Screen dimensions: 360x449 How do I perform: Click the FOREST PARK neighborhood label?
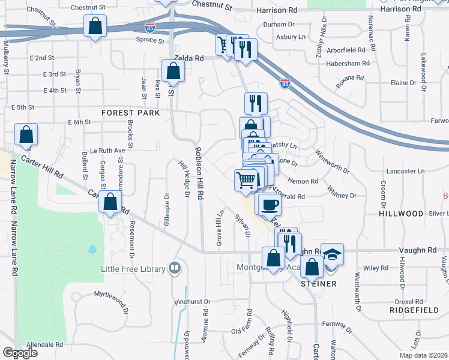point(130,113)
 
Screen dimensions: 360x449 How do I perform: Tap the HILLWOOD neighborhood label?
point(402,214)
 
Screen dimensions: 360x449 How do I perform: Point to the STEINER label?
point(318,283)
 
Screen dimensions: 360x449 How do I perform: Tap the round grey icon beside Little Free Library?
point(175,267)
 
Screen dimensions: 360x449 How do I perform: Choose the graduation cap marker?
point(331,253)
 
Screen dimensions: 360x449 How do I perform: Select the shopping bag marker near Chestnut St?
point(95,26)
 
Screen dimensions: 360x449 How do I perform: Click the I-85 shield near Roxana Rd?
point(285,83)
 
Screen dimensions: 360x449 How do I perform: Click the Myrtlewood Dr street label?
point(112,295)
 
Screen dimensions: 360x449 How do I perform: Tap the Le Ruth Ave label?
point(107,151)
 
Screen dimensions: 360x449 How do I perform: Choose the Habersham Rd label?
point(346,63)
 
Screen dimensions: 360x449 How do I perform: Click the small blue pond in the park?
point(92,248)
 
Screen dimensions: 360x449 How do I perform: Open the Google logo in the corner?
point(20,353)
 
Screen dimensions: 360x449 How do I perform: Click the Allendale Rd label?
point(45,345)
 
